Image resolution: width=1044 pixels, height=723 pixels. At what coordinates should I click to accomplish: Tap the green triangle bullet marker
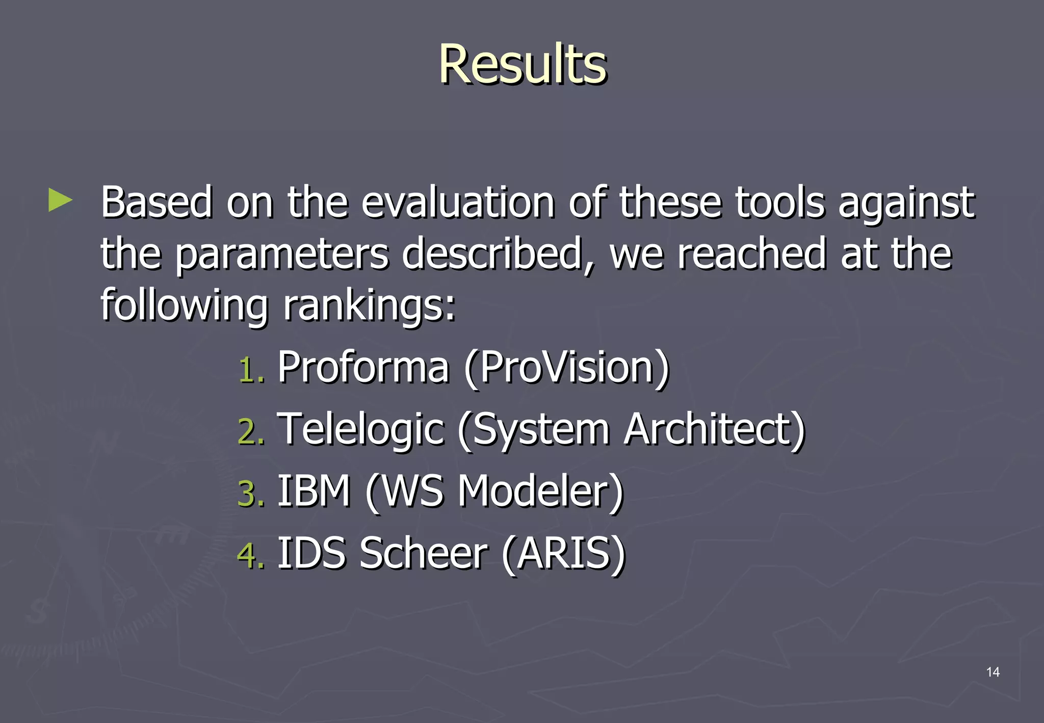pos(60,200)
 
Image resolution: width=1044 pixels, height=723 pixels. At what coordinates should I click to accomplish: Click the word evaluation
pos(457,202)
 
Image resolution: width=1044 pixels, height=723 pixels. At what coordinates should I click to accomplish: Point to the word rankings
pos(368,305)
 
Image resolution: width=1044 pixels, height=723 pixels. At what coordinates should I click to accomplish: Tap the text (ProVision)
pos(566,368)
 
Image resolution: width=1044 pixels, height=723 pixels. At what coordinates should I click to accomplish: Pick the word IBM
pos(314,491)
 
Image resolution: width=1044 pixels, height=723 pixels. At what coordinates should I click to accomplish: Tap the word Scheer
pos(423,553)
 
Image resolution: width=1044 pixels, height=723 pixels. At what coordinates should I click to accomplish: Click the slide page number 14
pos(993,672)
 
